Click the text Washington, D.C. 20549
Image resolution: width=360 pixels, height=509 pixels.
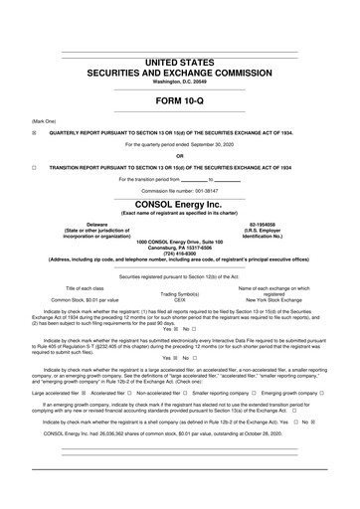coord(180,81)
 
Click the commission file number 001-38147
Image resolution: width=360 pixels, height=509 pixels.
coord(210,190)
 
